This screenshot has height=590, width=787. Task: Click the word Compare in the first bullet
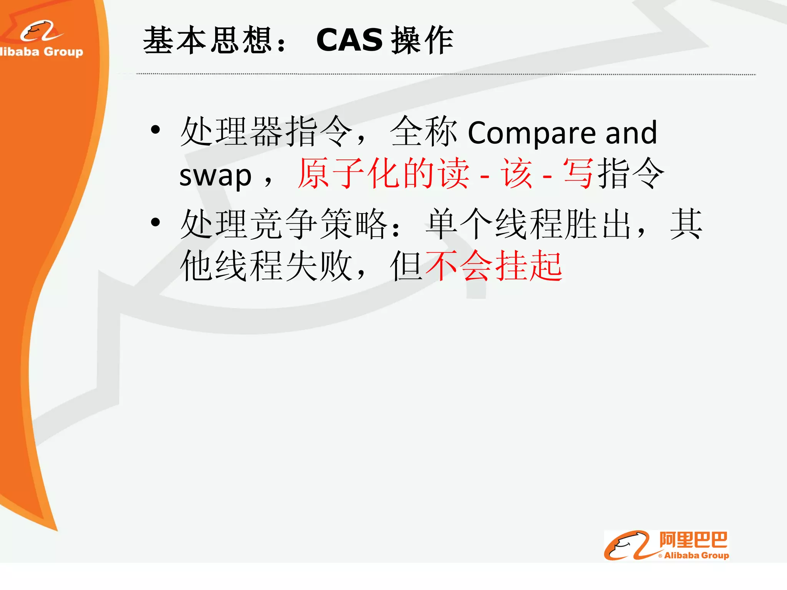coord(532,133)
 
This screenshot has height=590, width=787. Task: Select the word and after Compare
coord(631,133)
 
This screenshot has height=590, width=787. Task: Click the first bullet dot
coord(155,130)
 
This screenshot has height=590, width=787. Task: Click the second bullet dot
coord(155,222)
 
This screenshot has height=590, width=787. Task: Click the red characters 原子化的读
coord(383,174)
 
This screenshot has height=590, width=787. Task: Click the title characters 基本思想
coord(208,40)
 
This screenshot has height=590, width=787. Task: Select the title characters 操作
coord(422,40)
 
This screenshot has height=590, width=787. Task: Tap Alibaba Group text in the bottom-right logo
coord(696,555)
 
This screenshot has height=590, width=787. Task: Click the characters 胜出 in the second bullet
coord(598,224)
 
